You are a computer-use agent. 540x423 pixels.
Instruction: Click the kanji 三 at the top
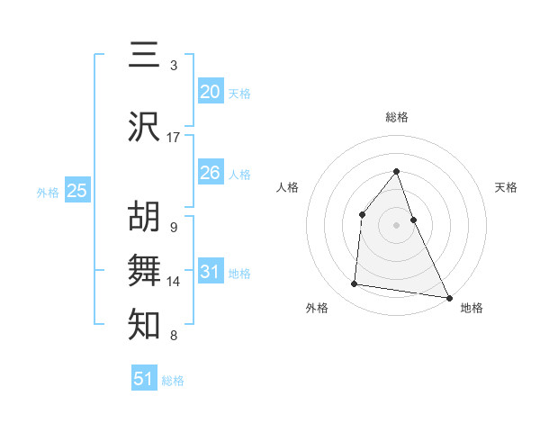coord(145,56)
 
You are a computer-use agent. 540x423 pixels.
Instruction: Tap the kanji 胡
coord(145,217)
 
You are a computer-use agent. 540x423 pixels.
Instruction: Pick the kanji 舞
coord(145,271)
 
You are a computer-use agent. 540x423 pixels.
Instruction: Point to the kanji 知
coord(145,325)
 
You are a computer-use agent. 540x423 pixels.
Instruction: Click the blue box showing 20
coord(210,92)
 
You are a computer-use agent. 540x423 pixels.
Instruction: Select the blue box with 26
coord(210,173)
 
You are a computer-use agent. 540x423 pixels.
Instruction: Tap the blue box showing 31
coord(210,272)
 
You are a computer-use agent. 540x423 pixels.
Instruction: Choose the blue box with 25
coord(76,191)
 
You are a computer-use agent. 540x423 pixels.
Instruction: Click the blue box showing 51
coord(144,379)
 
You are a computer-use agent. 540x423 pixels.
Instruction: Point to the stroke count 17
coord(174,138)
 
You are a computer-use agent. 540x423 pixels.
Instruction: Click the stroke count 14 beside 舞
coord(174,282)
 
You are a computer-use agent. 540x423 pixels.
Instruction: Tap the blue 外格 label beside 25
coord(48,192)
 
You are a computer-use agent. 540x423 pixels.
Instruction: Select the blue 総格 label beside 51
coord(173,381)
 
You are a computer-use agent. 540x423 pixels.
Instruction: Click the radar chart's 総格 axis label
coord(397,117)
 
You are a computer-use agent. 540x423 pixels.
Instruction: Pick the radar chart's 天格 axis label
coord(507,187)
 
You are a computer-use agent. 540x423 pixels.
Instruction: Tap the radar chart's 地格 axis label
coord(472,308)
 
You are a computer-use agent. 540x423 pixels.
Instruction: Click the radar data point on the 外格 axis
coord(355,284)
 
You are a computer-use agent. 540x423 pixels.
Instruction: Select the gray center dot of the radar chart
coord(397,225)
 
